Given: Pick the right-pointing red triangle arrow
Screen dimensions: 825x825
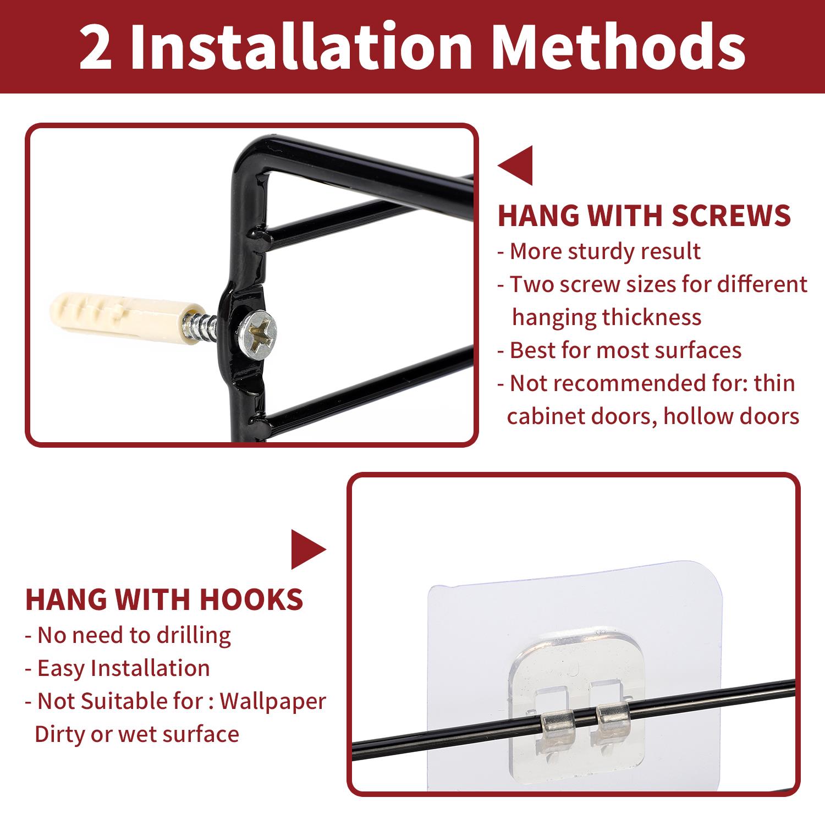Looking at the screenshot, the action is (x=309, y=549).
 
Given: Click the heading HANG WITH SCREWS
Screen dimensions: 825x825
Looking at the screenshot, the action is (x=644, y=216).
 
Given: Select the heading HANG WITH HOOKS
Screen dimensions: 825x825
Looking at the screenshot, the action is (x=164, y=599).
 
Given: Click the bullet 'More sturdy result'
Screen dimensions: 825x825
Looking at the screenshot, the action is (x=599, y=251).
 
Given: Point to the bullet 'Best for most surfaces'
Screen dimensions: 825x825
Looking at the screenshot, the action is (x=619, y=350).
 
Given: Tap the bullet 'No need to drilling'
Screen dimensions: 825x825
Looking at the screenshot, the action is (x=128, y=635).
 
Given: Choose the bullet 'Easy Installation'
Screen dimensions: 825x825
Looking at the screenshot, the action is (x=118, y=668).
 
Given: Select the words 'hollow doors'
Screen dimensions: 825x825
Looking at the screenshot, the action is (x=732, y=416).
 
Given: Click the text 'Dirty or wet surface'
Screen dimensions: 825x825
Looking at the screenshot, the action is (x=137, y=735).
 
